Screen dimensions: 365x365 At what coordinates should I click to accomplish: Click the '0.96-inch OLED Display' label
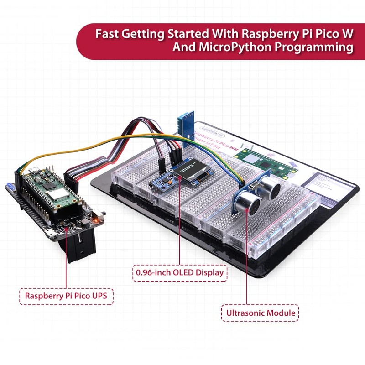[180, 273]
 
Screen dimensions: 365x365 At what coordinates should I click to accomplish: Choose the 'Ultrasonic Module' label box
[260, 313]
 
